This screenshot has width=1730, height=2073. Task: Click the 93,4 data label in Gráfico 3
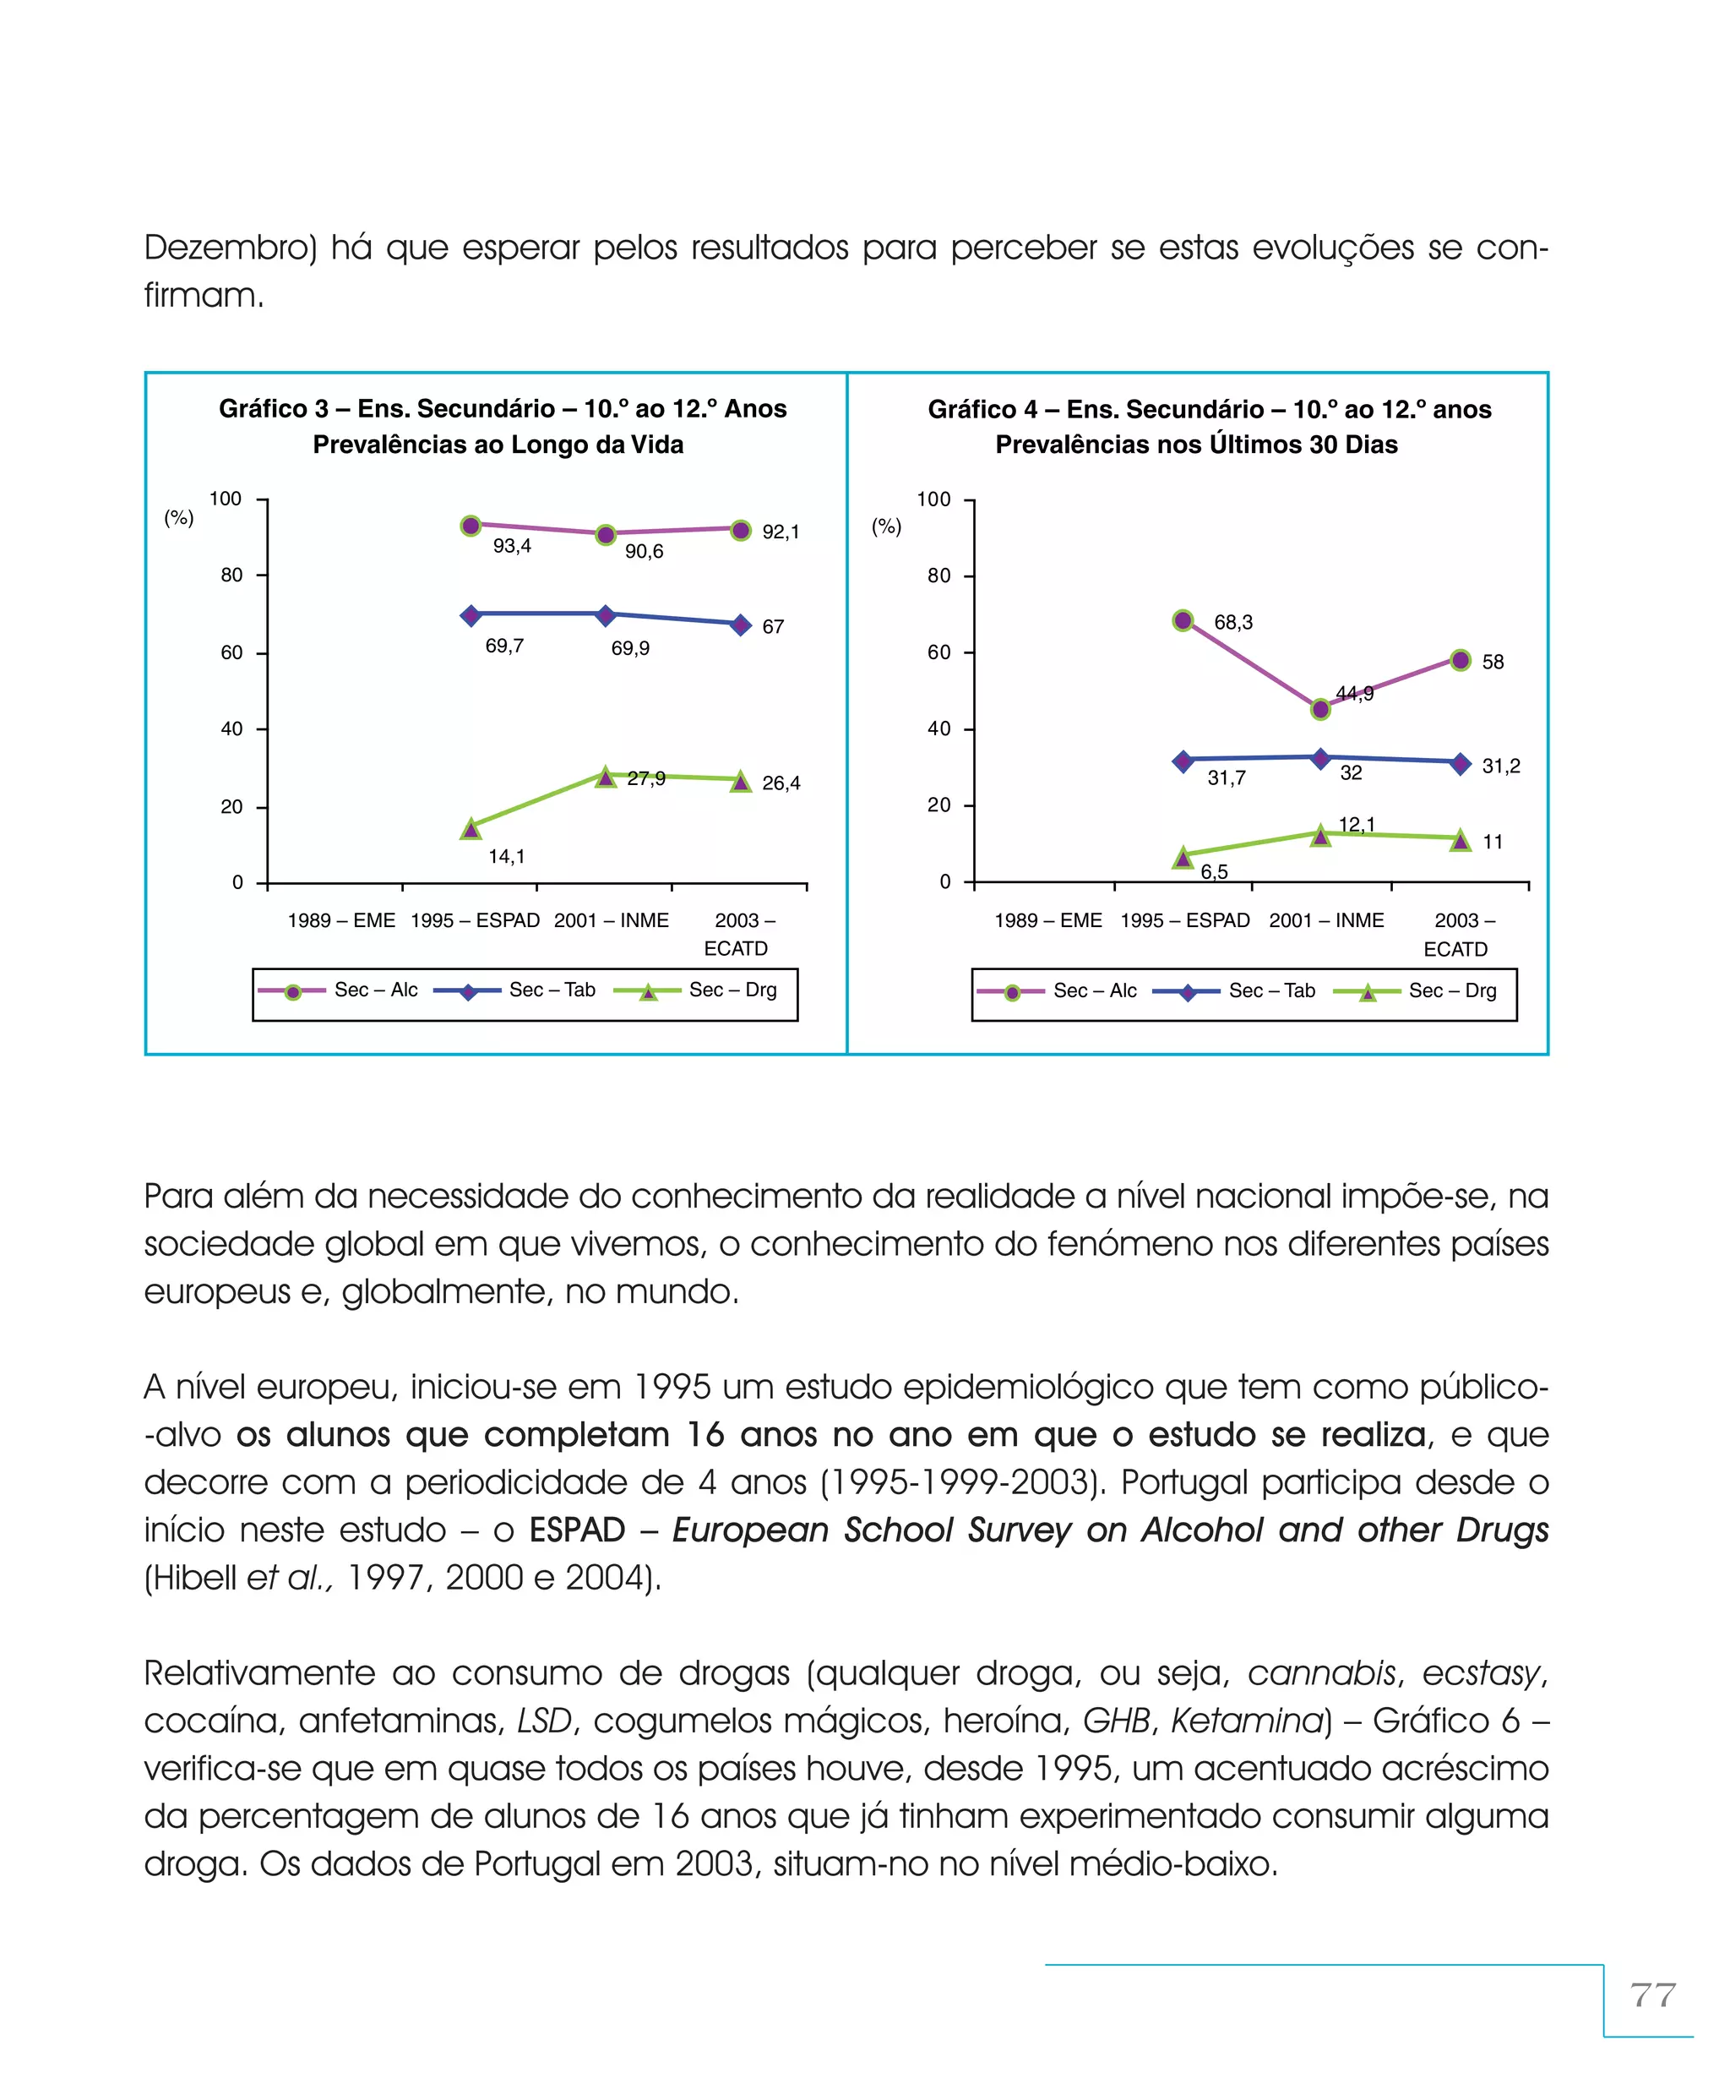(x=511, y=546)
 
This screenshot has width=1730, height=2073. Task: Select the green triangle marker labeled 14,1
(x=471, y=828)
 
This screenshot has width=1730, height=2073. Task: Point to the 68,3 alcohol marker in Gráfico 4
(x=1183, y=620)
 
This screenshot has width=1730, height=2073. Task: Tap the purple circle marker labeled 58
(x=1461, y=659)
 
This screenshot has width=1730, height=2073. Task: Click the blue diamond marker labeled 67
(x=740, y=625)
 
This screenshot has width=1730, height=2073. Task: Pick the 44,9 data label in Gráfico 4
(x=1354, y=693)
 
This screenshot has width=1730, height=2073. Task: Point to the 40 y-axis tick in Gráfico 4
(x=938, y=728)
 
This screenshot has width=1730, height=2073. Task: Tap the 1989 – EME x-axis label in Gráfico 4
(x=1047, y=920)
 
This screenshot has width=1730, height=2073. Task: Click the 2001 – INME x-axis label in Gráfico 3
(x=611, y=920)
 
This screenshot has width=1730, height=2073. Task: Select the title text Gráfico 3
(x=274, y=409)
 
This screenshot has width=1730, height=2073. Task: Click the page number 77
(x=1653, y=1995)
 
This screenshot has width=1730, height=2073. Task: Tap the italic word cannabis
(x=1320, y=1672)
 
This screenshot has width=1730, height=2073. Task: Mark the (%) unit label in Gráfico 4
(x=886, y=526)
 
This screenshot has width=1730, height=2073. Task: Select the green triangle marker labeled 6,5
(x=1183, y=857)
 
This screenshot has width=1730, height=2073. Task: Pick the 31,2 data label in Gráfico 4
(x=1500, y=765)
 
